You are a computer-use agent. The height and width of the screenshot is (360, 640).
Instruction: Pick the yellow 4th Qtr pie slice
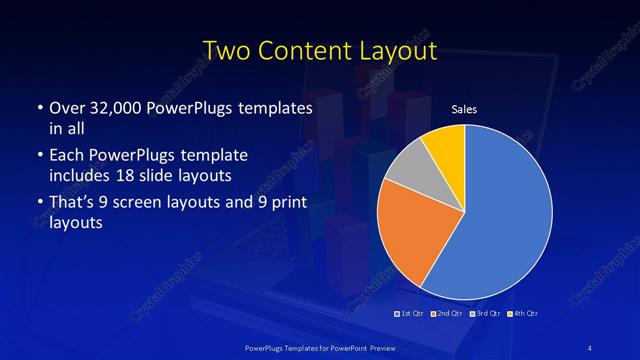(x=446, y=145)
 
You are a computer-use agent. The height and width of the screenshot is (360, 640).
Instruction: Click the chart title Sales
(x=464, y=109)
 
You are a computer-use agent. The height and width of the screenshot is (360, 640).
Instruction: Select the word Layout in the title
(x=394, y=50)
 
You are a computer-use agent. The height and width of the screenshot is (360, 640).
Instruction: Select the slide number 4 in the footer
(x=590, y=347)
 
